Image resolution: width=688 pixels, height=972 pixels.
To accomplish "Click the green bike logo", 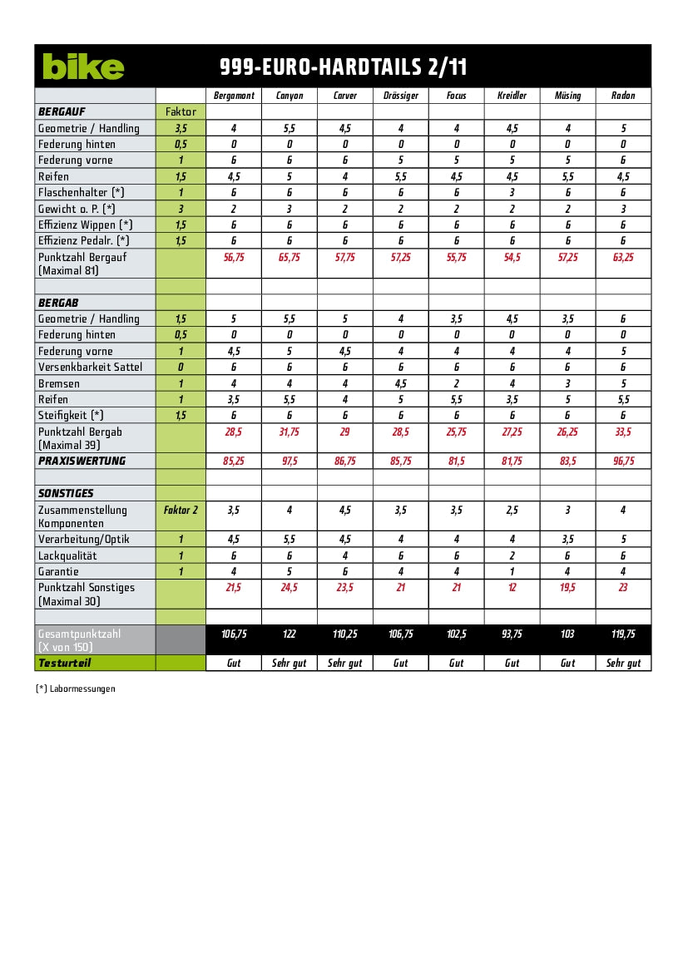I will (x=83, y=67).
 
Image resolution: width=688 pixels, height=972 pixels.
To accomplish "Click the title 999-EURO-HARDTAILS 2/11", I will (x=343, y=67).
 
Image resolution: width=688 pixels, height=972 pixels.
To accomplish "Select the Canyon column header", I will (x=290, y=96).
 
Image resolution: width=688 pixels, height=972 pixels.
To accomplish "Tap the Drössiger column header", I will (x=400, y=96).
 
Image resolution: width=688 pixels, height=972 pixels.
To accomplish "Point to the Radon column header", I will (x=623, y=96).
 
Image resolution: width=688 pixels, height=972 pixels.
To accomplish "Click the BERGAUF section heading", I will (x=62, y=111).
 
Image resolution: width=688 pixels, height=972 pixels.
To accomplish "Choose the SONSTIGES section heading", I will (x=66, y=493).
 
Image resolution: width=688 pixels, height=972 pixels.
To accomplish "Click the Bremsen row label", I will (x=59, y=383).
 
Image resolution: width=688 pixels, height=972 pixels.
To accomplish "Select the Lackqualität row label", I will (x=67, y=555).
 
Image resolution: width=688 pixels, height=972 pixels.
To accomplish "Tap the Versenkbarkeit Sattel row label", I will (x=90, y=367).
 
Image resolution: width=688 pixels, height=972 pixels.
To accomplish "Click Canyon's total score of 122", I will (x=290, y=634).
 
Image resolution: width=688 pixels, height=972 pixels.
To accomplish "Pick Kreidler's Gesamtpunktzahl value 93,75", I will (x=512, y=634).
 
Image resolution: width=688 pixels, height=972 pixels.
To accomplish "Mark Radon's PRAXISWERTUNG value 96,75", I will (x=623, y=461).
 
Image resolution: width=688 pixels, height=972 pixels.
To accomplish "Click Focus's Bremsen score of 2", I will (x=456, y=383).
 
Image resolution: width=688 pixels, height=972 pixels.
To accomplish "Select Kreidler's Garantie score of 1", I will (x=512, y=571).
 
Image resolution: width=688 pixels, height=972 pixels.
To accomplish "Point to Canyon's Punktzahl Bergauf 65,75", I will (x=290, y=258).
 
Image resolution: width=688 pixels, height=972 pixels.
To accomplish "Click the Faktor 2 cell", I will (x=181, y=510).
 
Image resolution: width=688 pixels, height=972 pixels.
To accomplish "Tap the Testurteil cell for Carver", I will (x=345, y=663).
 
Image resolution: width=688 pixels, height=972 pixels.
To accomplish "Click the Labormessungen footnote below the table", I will (x=76, y=688).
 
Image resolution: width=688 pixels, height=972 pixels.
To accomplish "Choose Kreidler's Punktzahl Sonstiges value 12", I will (x=512, y=588).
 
